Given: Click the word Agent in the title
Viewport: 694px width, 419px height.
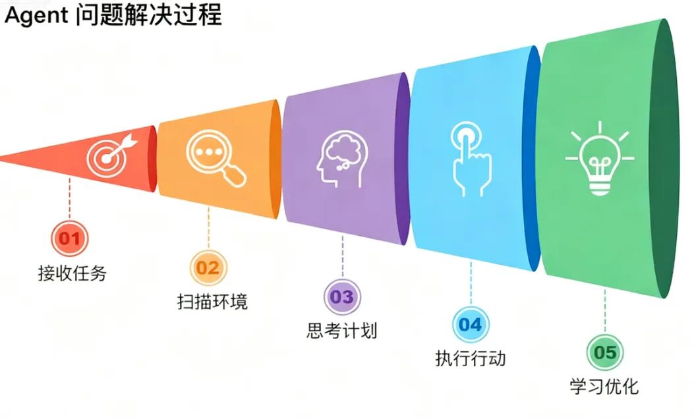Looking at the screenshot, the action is click(x=36, y=14).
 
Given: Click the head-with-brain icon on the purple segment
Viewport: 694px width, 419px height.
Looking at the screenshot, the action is click(x=342, y=158).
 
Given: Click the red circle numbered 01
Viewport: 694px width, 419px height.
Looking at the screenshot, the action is click(x=69, y=237).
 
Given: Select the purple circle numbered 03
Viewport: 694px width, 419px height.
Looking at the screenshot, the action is click(x=342, y=296).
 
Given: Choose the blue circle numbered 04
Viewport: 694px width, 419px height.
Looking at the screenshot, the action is click(x=471, y=324).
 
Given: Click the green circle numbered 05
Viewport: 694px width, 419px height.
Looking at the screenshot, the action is click(x=604, y=352).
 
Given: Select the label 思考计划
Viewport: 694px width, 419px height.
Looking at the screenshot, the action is click(x=342, y=330).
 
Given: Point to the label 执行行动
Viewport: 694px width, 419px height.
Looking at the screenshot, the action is click(x=471, y=358).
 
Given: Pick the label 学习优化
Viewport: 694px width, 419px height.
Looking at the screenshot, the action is click(x=604, y=386).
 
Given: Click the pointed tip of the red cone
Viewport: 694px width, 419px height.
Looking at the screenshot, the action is click(x=4, y=157).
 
